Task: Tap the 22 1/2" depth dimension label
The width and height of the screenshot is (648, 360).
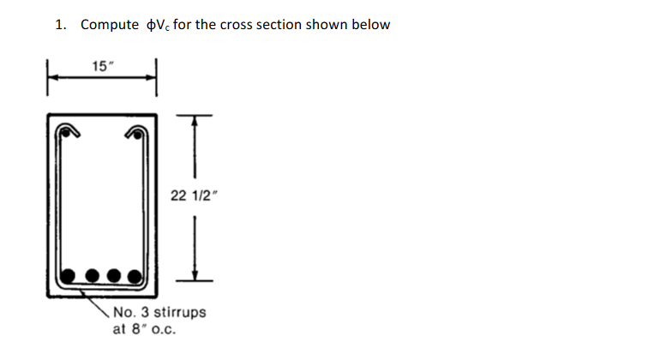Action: (191, 195)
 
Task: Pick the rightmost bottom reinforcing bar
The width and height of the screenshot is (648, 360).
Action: (135, 277)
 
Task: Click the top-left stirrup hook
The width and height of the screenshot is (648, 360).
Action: (67, 132)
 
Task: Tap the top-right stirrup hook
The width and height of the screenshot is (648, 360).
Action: (135, 132)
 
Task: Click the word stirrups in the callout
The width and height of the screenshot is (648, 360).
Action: (177, 312)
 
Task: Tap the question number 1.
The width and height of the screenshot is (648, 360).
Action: (58, 25)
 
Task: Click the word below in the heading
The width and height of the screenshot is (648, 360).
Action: (370, 25)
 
